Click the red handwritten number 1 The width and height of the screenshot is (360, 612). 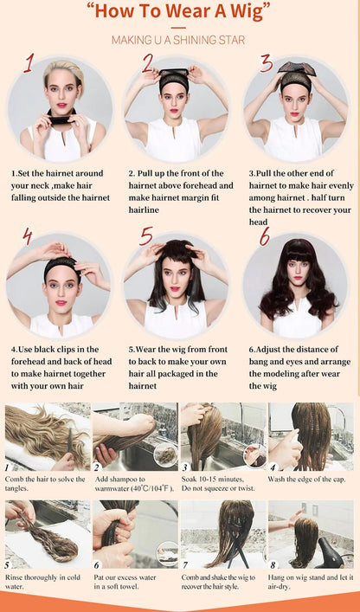pos(29,63)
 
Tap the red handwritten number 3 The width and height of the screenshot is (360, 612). pos(266,63)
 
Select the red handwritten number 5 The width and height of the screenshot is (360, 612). pos(145,236)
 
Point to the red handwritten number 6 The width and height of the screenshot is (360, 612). pos(264,236)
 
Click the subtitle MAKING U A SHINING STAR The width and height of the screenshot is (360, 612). pos(179,40)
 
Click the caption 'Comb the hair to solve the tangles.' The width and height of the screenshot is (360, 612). pos(46,482)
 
